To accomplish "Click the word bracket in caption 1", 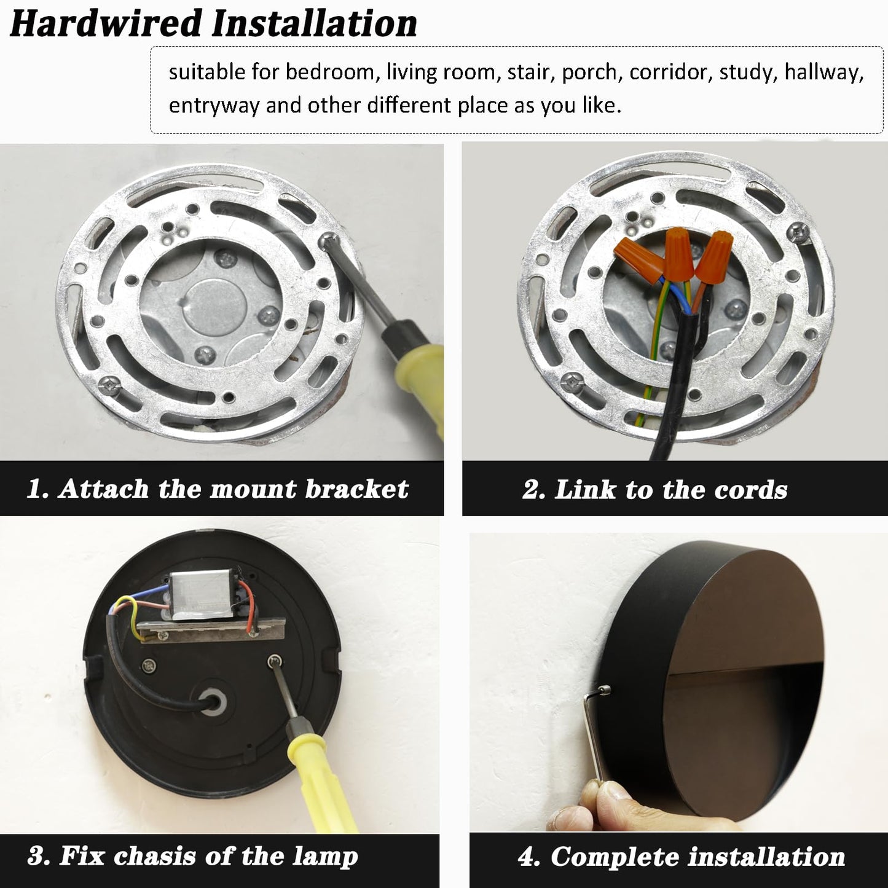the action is [x=356, y=489].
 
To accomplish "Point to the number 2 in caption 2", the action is [x=532, y=490].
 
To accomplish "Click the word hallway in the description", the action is [x=824, y=73].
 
